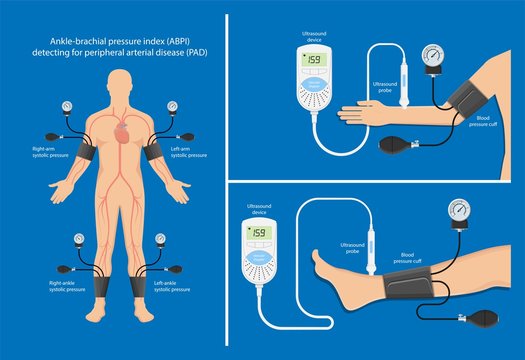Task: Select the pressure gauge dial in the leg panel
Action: point(461,211)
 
